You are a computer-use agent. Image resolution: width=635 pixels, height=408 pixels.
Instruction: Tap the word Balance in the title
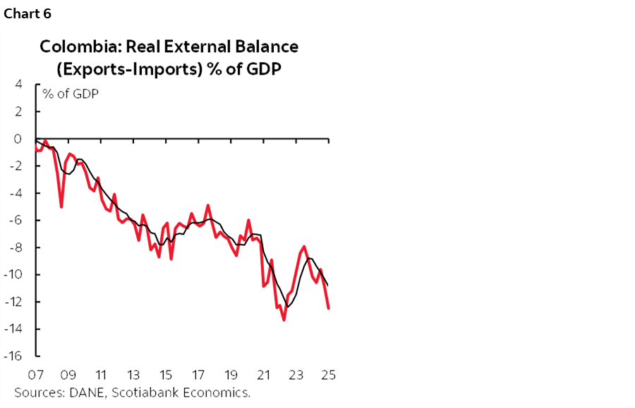[265, 47]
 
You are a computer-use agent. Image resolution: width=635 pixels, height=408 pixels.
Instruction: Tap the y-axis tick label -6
[16, 220]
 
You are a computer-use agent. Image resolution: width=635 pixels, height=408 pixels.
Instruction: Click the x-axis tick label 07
[35, 374]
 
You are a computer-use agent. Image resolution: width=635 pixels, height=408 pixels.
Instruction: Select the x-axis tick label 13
[133, 374]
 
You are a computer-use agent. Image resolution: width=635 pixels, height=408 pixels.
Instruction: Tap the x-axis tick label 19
[231, 374]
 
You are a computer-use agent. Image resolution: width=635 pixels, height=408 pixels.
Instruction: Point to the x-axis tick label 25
[328, 374]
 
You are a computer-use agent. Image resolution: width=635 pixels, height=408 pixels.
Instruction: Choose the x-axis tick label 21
[263, 374]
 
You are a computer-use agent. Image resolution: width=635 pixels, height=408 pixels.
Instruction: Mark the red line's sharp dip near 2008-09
[61, 206]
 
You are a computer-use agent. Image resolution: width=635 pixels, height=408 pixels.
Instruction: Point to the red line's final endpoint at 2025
[329, 308]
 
